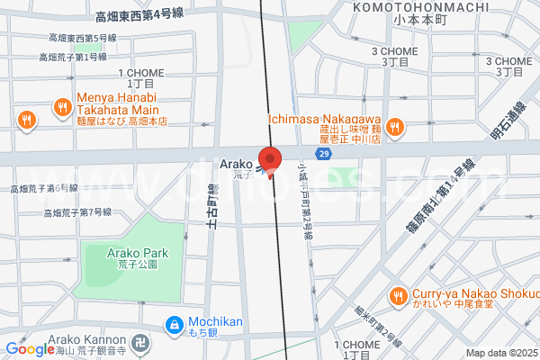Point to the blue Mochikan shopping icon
pos(174,323)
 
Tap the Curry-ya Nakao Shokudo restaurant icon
pos(397,295)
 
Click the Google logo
pos(29,349)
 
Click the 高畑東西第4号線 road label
pos(139,16)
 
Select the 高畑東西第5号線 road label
pos(83,38)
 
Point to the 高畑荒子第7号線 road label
pos(77,212)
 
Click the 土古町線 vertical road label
pos(212,209)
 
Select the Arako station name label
pos(236,163)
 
